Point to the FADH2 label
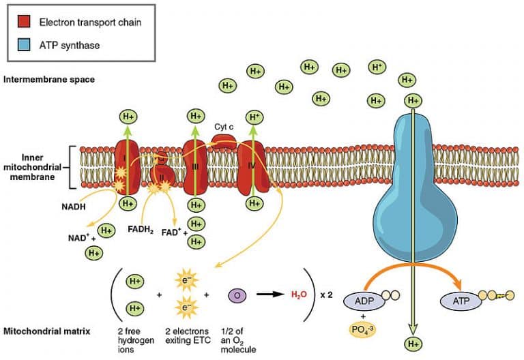click(142, 229)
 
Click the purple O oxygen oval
click(237, 295)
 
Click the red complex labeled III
click(196, 166)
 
